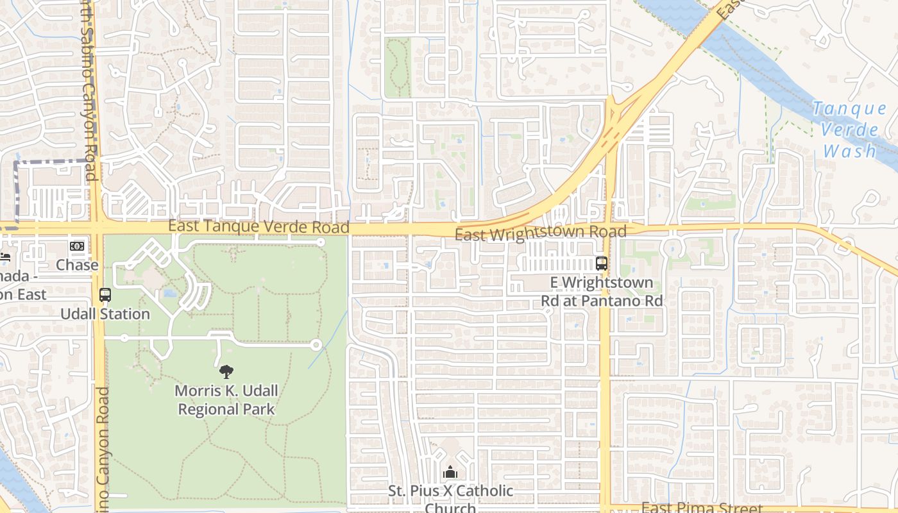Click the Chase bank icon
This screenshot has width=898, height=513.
[x=77, y=246]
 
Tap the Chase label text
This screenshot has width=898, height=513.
[x=77, y=265]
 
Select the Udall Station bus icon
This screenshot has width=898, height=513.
[x=105, y=296]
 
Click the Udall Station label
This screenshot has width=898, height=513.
[x=105, y=314]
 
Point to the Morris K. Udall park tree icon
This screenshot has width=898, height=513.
[x=226, y=371]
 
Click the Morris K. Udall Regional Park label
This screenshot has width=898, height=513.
[x=226, y=399]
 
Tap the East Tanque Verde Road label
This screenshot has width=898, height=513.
[x=259, y=226]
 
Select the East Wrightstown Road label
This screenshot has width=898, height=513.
[x=540, y=233]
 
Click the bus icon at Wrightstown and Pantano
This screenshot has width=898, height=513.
[x=602, y=263]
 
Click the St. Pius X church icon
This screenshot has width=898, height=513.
[x=450, y=473]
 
